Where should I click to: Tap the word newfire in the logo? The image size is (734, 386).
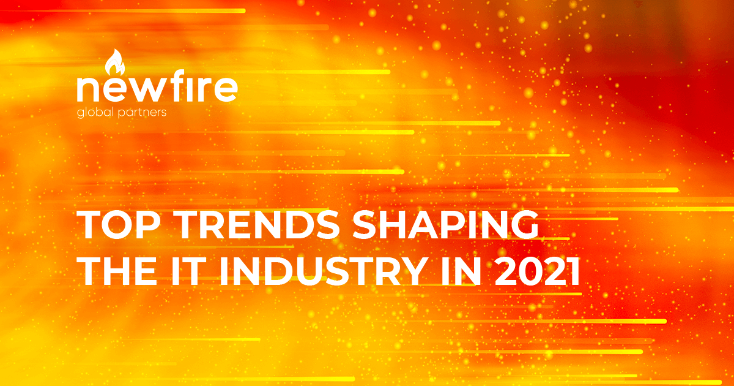[157, 89]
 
